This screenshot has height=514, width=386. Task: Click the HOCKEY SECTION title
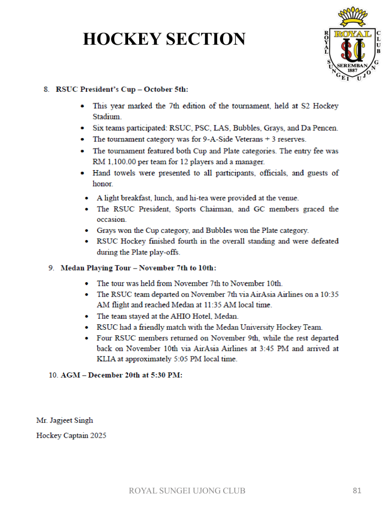164,39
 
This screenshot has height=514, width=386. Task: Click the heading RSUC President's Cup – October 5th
122,89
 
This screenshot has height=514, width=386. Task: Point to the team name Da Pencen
320,128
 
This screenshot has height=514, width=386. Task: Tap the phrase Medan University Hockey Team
265,327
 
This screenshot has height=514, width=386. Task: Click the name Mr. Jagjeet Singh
64,420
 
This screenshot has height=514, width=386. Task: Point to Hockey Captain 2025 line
71,435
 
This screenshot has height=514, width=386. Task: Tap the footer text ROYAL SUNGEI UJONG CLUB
187,490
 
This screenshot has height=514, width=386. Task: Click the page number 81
357,490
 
